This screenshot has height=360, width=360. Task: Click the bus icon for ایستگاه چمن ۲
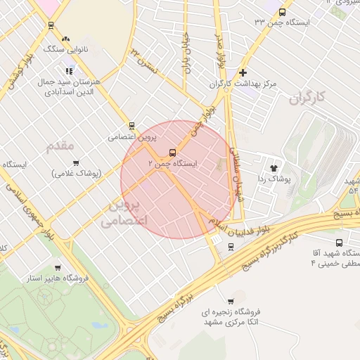coord(172,153)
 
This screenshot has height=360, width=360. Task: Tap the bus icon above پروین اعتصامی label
coord(131,126)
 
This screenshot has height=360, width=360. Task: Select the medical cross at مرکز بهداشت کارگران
coord(243,72)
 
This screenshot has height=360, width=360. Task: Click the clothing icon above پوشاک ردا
coord(274,168)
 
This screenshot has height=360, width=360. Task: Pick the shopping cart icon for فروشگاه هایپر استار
coord(57,267)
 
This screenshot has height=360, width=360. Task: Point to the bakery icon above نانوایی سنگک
coord(66,39)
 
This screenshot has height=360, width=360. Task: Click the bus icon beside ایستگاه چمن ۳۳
coord(282,12)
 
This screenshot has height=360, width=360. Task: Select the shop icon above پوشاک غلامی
coord(75,162)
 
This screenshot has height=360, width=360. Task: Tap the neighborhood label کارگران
coord(309,97)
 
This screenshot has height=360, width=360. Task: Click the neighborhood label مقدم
coord(60,146)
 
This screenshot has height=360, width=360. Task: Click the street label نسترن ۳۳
coord(141,60)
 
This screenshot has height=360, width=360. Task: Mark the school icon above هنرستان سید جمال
coord(69,71)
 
